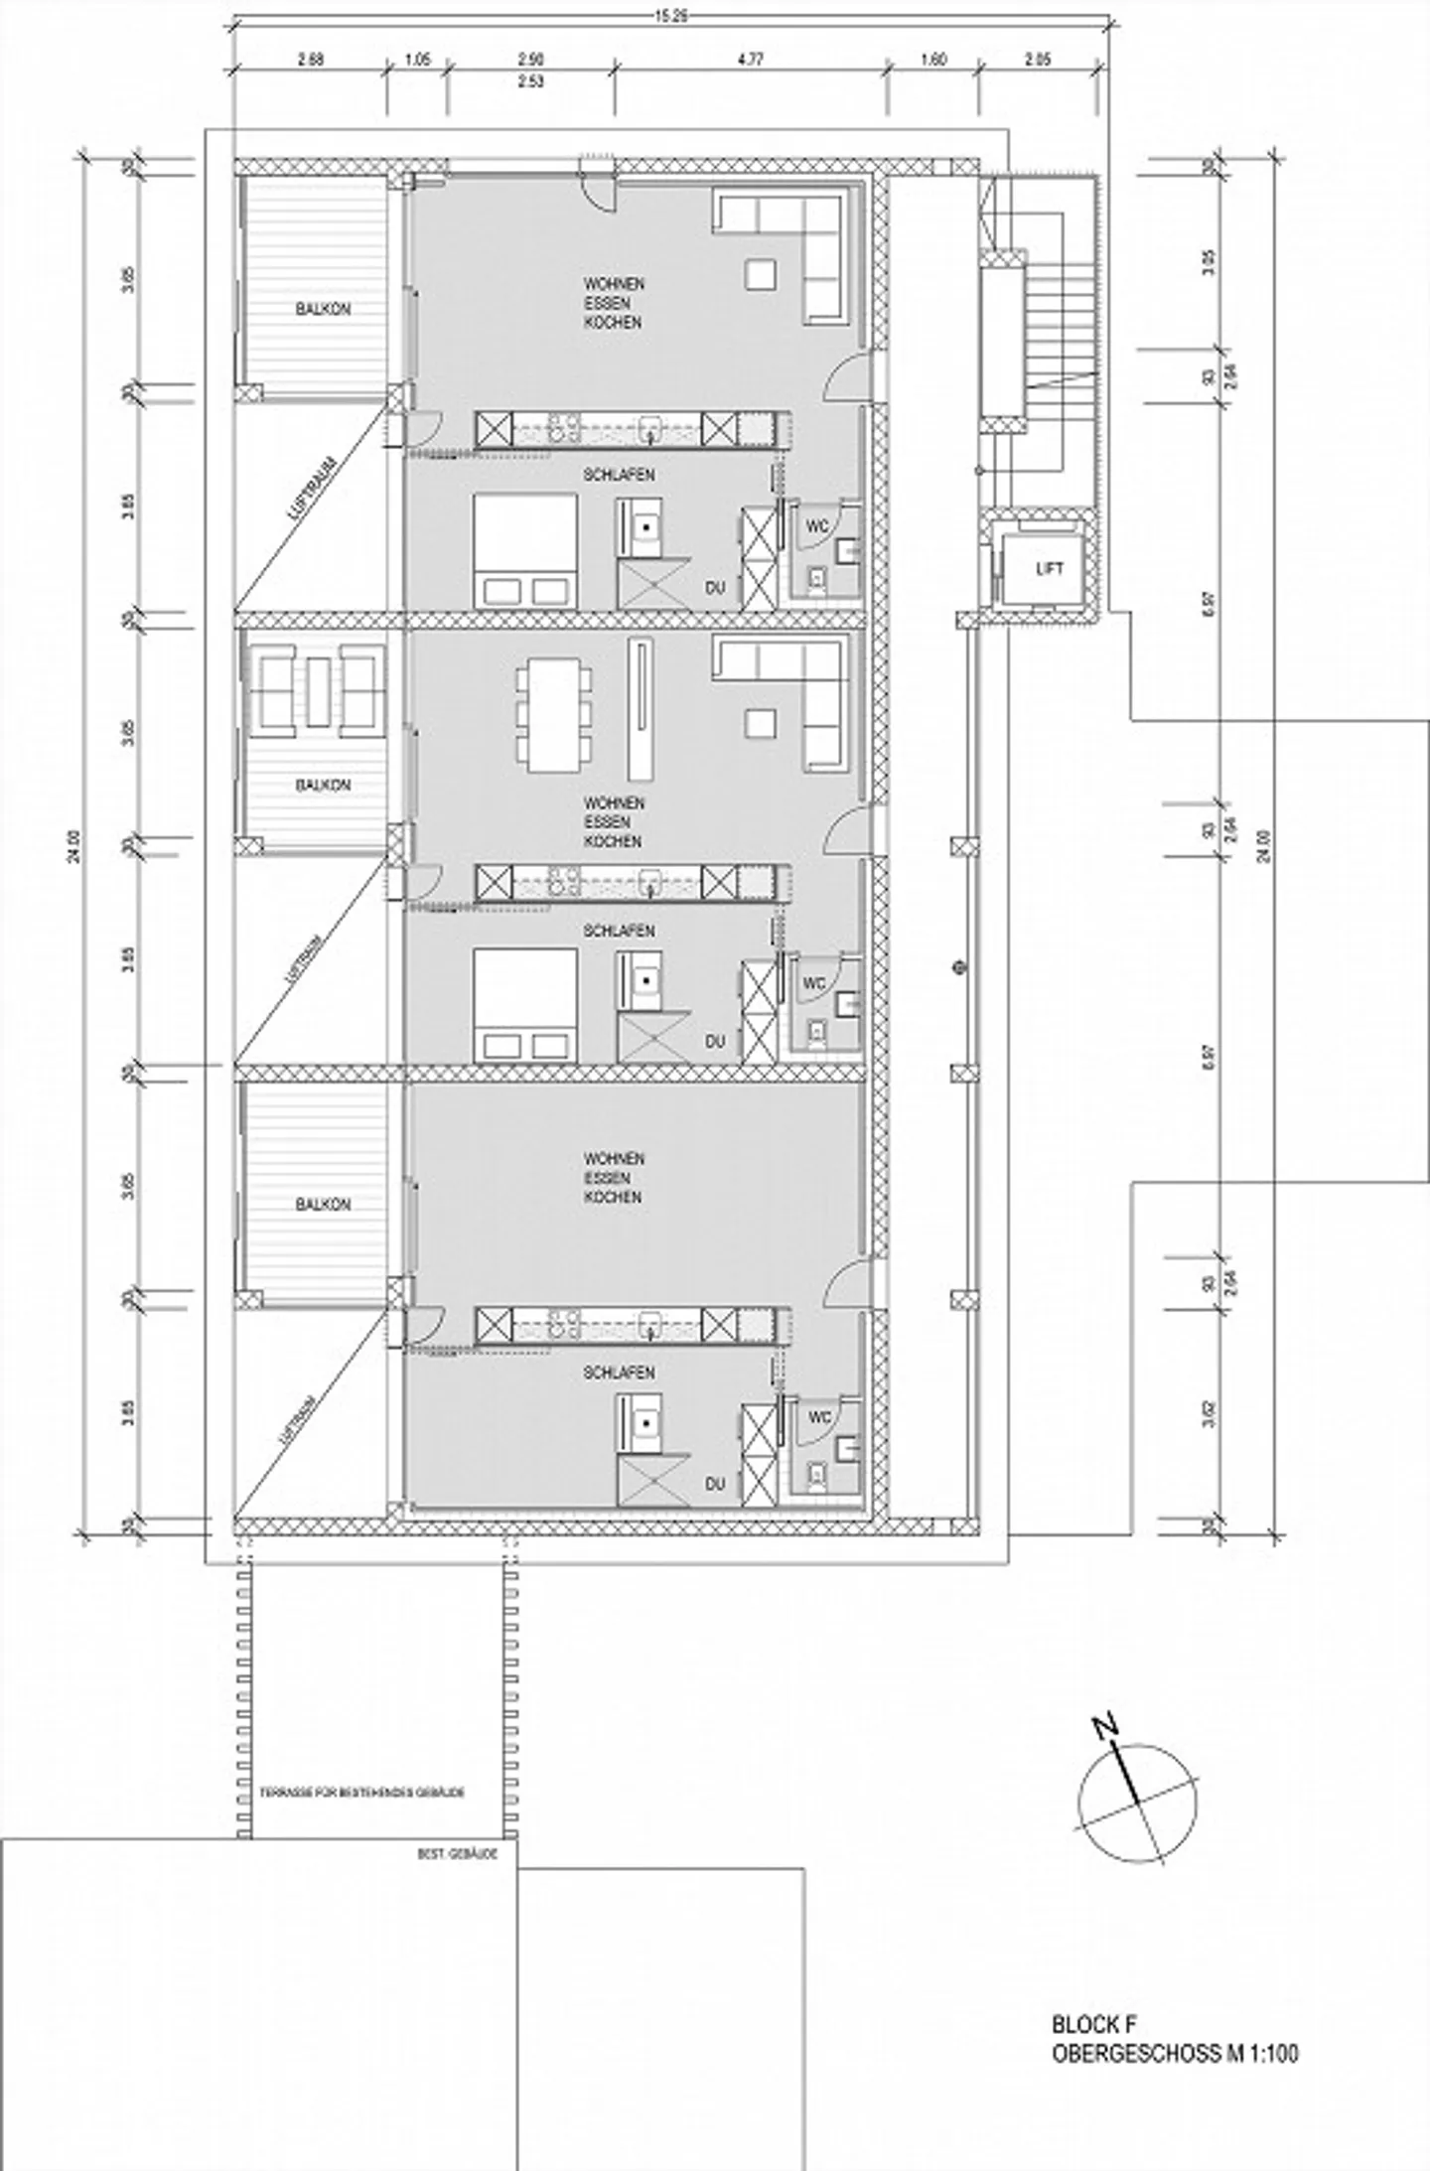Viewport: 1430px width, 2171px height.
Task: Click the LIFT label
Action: pyautogui.click(x=1050, y=569)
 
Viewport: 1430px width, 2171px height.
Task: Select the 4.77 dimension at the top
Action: pyautogui.click(x=751, y=60)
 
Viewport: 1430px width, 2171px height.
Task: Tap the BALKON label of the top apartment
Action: pyautogui.click(x=323, y=310)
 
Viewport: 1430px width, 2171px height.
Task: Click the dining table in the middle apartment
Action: pyautogui.click(x=553, y=717)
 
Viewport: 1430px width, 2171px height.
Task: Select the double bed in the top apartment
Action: pyautogui.click(x=525, y=550)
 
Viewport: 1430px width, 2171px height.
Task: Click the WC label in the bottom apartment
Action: pyautogui.click(x=819, y=1418)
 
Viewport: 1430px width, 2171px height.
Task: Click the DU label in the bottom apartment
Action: pyautogui.click(x=715, y=1484)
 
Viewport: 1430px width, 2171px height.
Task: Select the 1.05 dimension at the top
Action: pyautogui.click(x=417, y=60)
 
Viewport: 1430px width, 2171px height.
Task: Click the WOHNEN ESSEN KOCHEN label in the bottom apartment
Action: pyautogui.click(x=613, y=1178)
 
